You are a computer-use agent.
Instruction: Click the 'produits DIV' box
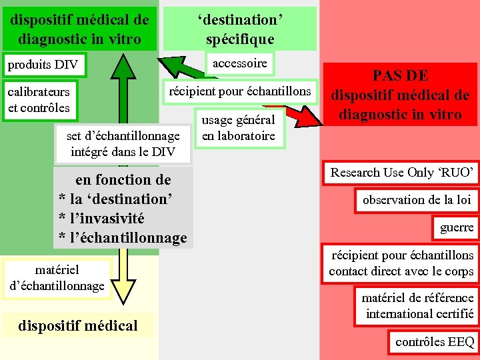(43, 65)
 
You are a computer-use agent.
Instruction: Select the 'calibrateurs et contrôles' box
(39, 98)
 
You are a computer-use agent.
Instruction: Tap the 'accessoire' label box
(239, 63)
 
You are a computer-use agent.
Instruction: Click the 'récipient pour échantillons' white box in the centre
(239, 91)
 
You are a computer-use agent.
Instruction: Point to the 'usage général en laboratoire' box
(238, 129)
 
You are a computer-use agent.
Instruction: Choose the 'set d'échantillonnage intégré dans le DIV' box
(123, 143)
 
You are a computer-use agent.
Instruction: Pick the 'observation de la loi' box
(416, 200)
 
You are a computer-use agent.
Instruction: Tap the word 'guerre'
(457, 227)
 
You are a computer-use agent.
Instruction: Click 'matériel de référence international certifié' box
(417, 305)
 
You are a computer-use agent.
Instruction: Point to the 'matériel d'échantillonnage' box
(57, 278)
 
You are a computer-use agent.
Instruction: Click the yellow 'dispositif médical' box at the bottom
(78, 325)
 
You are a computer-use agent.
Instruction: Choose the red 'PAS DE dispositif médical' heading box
(401, 95)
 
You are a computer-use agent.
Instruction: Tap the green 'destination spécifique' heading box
(239, 29)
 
